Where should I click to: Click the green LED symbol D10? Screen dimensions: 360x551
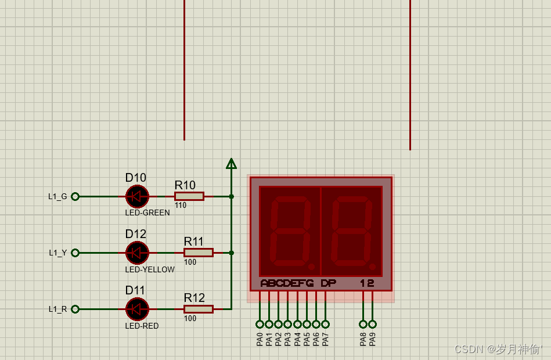pos(137,196)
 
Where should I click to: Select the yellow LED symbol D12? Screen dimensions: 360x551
pos(137,253)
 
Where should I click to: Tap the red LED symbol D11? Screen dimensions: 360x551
pos(137,309)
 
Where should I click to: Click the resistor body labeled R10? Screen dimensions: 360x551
pos(189,196)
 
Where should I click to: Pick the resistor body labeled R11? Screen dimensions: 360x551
pos(199,253)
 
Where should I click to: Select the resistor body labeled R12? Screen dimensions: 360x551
pos(199,309)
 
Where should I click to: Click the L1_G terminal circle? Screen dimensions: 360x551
pos(75,196)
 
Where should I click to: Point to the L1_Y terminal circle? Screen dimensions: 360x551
pos(75,253)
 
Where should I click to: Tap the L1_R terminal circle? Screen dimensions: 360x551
pos(75,309)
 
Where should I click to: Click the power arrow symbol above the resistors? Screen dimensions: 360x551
pos(231,164)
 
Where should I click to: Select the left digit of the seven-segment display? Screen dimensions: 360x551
pos(290,231)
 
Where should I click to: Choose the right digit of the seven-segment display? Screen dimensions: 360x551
pos(351,231)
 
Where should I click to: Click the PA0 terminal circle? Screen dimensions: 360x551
pos(260,324)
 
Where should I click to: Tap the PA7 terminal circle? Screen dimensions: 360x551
pos(325,324)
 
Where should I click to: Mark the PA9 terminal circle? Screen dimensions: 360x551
pos(372,324)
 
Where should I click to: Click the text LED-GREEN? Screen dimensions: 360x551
pos(147,213)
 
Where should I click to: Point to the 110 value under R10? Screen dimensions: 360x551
pos(180,206)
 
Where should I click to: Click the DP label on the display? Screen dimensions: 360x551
pos(328,283)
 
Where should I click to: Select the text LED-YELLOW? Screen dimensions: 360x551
pos(150,269)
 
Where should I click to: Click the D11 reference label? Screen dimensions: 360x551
pos(136,290)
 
